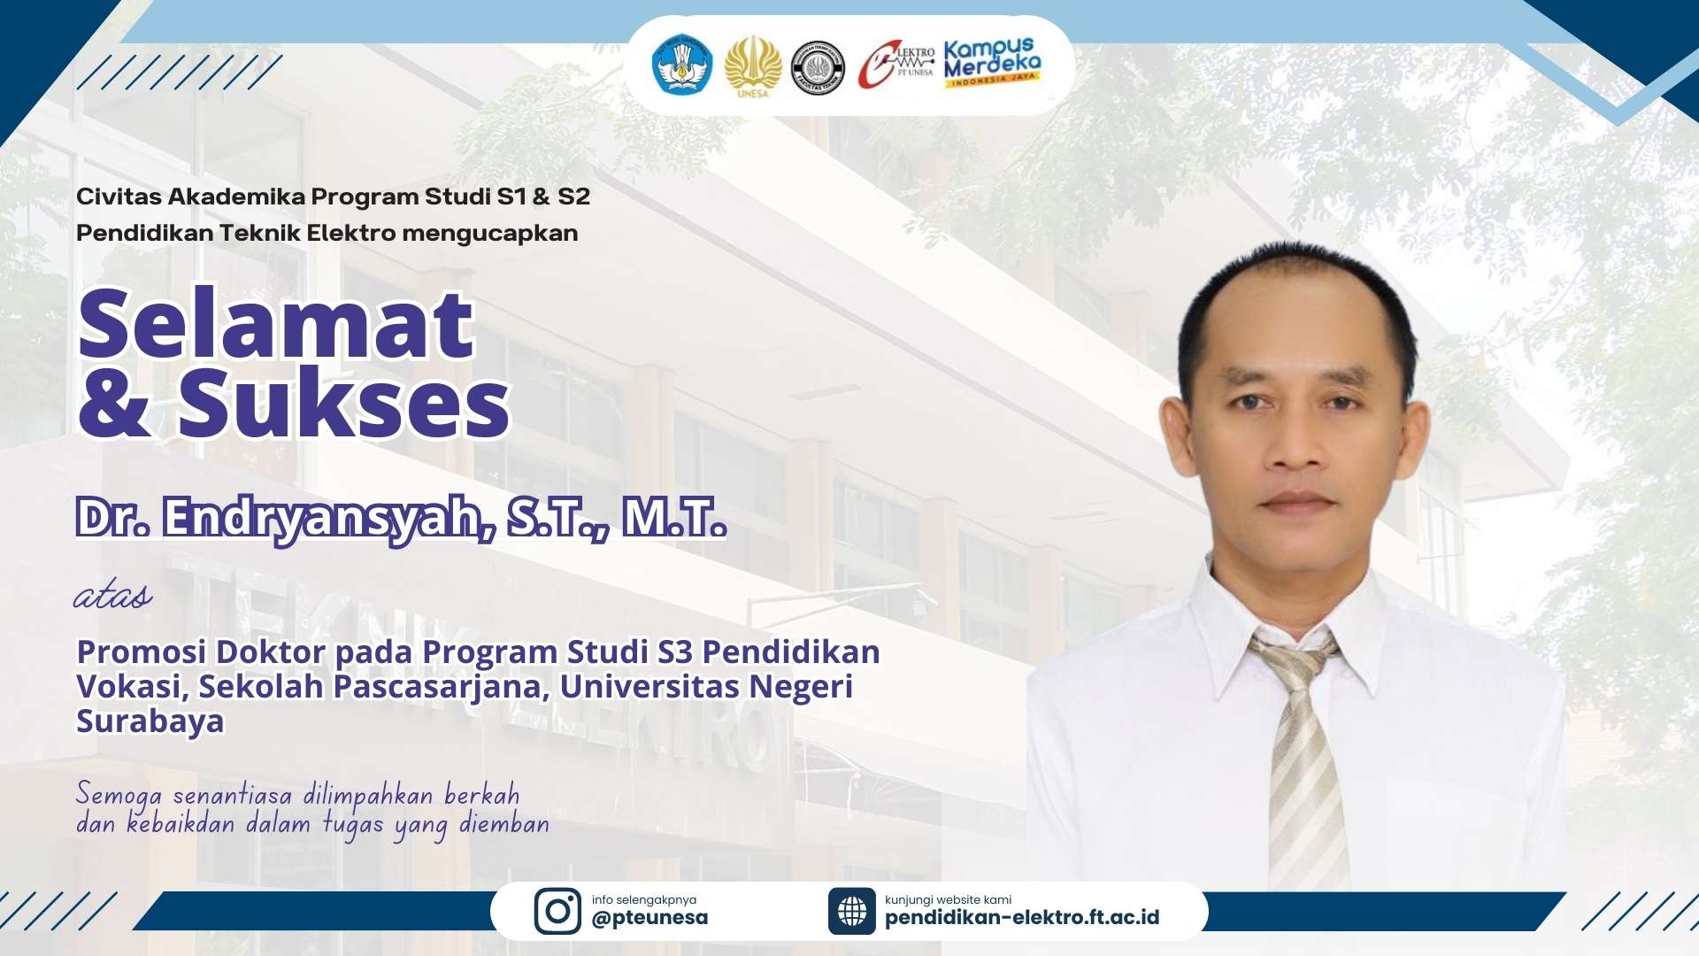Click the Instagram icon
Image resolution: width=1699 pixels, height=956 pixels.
(557, 911)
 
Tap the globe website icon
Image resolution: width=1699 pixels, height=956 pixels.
(852, 911)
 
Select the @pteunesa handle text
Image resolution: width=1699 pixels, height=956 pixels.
(650, 918)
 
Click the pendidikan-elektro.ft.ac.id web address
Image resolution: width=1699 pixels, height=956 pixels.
(1022, 917)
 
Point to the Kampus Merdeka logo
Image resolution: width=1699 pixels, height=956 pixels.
(992, 62)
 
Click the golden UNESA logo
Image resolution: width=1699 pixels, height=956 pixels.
(753, 66)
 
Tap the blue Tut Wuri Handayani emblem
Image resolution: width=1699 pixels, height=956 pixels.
(682, 65)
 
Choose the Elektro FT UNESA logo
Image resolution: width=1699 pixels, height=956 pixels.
(896, 65)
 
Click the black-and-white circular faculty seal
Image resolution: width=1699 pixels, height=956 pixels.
(818, 67)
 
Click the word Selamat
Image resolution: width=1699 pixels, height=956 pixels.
(276, 323)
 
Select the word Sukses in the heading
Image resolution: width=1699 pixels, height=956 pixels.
(343, 403)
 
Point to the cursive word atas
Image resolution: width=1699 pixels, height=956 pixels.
(112, 595)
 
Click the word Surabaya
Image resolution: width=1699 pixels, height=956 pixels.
(150, 721)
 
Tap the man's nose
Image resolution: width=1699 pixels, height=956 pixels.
(1297, 443)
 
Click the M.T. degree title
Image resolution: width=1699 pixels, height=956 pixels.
(674, 518)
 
